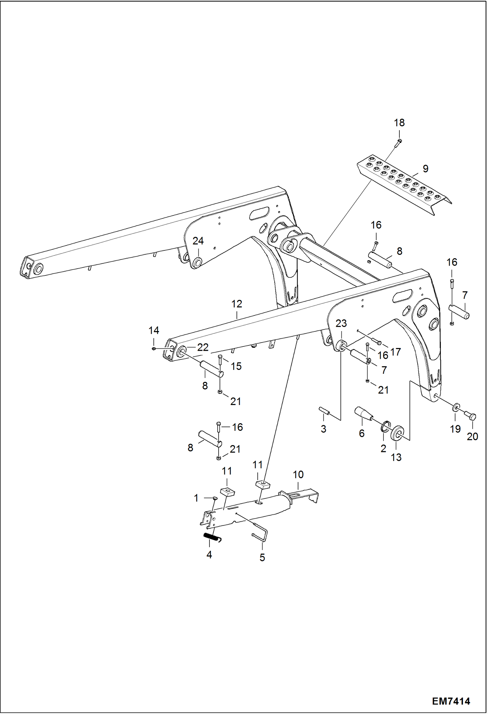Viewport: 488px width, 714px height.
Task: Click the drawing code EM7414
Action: click(x=451, y=701)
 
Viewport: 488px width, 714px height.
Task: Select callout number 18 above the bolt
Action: click(x=399, y=123)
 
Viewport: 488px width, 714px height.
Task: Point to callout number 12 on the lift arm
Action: click(x=237, y=304)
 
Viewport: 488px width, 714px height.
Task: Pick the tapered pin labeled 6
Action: click(x=364, y=413)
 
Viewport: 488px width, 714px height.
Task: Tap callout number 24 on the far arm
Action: click(x=198, y=241)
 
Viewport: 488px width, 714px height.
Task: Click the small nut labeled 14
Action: click(x=154, y=349)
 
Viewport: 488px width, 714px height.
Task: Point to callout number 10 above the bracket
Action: click(x=298, y=474)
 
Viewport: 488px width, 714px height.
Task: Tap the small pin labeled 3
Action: click(x=324, y=411)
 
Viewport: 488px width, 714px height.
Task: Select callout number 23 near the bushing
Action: click(x=341, y=323)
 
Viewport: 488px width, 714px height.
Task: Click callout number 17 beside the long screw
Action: click(x=395, y=352)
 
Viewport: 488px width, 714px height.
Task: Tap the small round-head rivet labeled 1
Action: click(x=215, y=497)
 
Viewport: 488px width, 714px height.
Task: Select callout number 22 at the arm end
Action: click(x=203, y=347)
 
